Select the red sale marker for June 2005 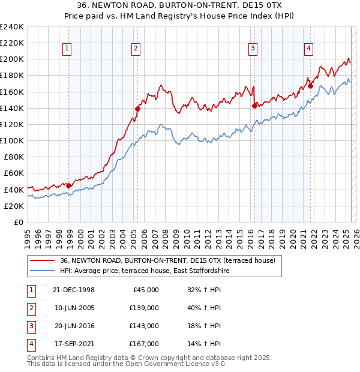pos(137,109)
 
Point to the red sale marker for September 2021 pos(311,86)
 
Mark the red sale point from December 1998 pos(68,185)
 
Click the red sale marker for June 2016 pos(254,106)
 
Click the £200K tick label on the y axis pos(11,59)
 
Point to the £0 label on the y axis pos(17,222)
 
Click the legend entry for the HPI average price pos(144,271)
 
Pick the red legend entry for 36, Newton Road pos(167,260)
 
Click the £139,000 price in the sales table pos(144,307)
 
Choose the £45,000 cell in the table pos(146,289)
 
